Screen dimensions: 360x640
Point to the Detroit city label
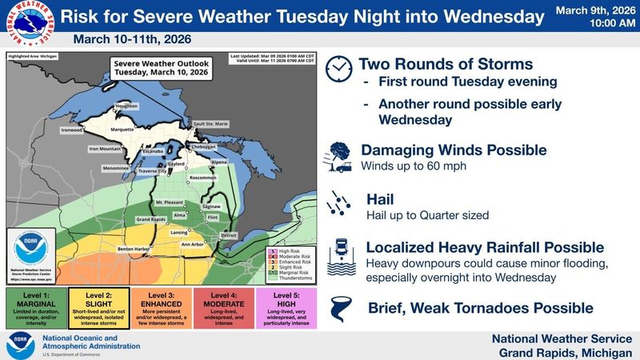pyautogui.click(x=228, y=235)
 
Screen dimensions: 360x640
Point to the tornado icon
pyautogui.click(x=338, y=308)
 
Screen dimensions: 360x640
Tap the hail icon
pyautogui.click(x=338, y=206)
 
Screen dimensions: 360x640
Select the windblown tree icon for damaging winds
pyautogui.click(x=338, y=156)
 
